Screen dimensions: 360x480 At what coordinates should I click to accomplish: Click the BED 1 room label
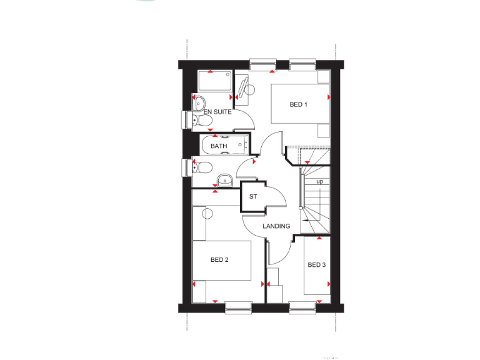299,104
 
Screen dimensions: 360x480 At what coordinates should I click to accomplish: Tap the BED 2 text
219,259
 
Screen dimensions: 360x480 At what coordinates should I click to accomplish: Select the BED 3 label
316,265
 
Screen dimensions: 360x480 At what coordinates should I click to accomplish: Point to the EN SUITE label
217,112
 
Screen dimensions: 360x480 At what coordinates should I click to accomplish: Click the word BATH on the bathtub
219,146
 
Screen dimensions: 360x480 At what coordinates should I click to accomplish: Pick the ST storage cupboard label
253,197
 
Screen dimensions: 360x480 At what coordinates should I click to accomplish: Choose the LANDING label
276,226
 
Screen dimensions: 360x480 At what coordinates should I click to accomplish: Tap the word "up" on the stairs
320,181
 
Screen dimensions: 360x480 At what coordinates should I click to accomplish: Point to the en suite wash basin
198,102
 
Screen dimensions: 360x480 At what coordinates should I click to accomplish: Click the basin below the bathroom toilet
225,181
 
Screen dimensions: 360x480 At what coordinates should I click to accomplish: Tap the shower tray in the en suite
214,81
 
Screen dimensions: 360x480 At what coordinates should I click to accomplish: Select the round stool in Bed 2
207,214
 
